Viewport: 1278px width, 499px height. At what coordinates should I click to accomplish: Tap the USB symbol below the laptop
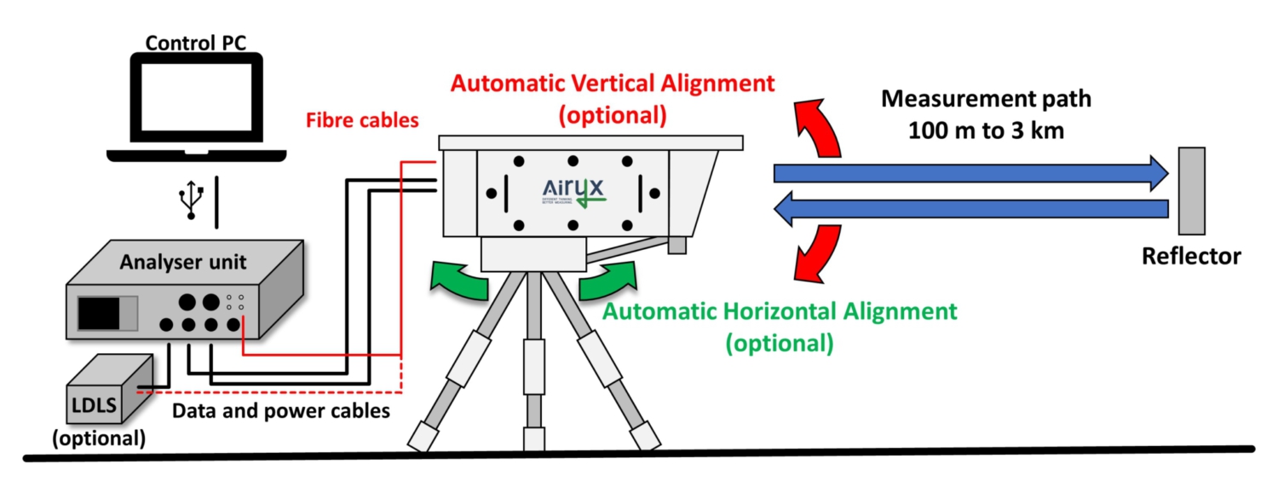(x=193, y=202)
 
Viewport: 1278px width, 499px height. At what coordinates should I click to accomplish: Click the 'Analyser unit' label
(x=183, y=262)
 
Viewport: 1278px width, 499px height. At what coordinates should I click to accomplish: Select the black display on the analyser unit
(x=99, y=313)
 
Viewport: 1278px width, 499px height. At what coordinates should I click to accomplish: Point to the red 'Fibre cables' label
(x=364, y=120)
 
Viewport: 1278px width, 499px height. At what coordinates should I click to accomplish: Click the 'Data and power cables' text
(x=281, y=411)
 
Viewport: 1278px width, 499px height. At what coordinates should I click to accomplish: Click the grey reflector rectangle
(x=1191, y=190)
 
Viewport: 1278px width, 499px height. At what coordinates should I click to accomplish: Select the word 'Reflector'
(x=1191, y=256)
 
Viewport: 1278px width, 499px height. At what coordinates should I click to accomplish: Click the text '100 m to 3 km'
(x=986, y=132)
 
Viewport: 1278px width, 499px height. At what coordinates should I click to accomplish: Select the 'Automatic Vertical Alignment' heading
(x=613, y=84)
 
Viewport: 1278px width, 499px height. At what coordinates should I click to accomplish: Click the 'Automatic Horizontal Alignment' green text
(x=780, y=311)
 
